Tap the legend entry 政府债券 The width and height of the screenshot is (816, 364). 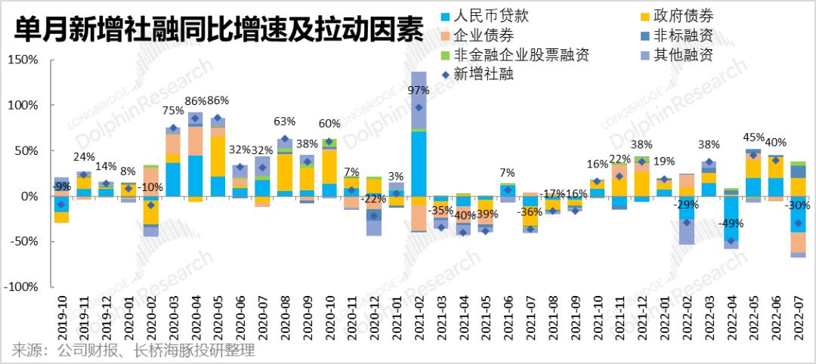click(x=682, y=16)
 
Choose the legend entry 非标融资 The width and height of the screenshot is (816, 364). click(x=682, y=35)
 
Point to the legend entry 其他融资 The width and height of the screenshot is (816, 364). click(x=682, y=55)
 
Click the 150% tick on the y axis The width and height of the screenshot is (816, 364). click(x=23, y=60)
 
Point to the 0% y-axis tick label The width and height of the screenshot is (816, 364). click(x=28, y=196)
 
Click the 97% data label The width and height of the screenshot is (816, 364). click(x=419, y=90)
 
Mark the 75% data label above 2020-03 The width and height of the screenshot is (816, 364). click(x=173, y=110)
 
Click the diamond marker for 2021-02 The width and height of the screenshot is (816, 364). click(x=419, y=107)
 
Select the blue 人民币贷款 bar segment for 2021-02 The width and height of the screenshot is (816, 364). click(x=419, y=163)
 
